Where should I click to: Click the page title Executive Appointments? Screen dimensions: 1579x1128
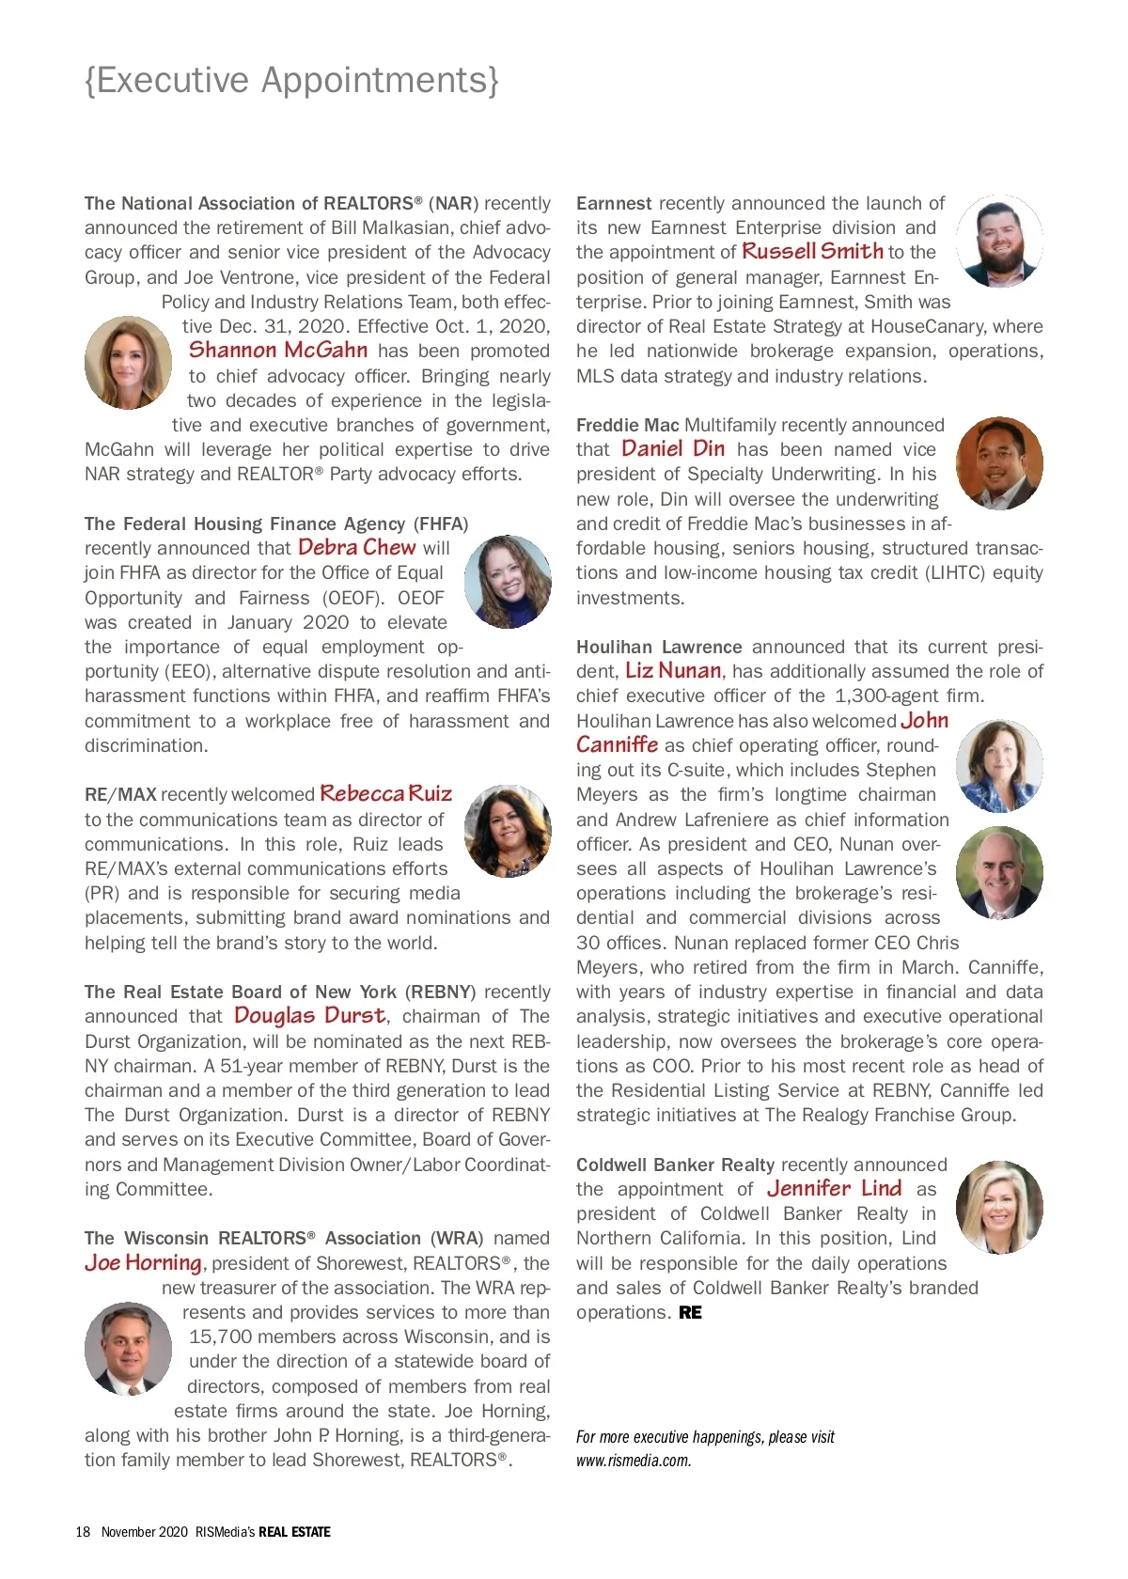click(x=291, y=81)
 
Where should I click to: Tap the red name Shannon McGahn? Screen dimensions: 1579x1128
click(x=278, y=351)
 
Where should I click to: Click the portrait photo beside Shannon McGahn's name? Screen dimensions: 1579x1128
click(x=128, y=362)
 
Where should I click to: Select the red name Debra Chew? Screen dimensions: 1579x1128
click(x=356, y=548)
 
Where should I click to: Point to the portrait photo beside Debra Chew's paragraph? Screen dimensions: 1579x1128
click(x=509, y=582)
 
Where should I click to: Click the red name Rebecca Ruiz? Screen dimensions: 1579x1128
click(x=385, y=794)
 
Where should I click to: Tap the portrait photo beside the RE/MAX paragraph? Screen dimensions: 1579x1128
click(x=509, y=831)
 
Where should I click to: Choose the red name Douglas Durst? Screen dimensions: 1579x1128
click(x=309, y=1016)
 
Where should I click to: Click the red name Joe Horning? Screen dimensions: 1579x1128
click(x=143, y=1263)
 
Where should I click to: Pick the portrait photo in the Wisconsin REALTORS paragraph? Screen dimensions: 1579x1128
click(x=128, y=1349)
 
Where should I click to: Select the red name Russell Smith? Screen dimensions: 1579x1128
click(x=812, y=252)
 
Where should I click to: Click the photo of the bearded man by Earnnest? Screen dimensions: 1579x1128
click(x=999, y=241)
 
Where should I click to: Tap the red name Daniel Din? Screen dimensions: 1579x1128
click(x=673, y=449)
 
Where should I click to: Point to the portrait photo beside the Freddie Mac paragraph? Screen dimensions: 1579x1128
click(x=999, y=462)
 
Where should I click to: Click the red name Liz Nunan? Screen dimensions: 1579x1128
click(x=673, y=671)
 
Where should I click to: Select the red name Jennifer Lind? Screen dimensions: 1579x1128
click(x=834, y=1189)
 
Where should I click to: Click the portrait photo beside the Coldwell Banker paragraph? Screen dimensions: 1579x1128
click(x=999, y=1207)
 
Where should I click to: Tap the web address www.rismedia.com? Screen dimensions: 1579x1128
click(x=634, y=1461)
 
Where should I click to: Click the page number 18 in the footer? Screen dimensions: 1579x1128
click(x=83, y=1532)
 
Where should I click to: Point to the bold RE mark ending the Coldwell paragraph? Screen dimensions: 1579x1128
click(x=690, y=1313)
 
